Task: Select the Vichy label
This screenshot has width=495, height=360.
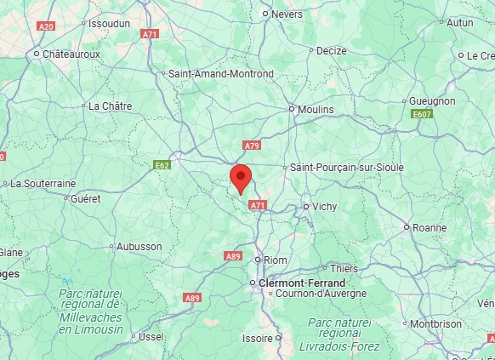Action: tap(324, 207)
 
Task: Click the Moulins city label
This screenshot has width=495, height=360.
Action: tap(316, 109)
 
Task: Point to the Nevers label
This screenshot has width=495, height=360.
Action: tap(287, 14)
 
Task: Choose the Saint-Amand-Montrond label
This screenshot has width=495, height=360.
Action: tap(221, 74)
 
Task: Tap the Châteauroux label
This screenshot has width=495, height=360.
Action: tap(72, 54)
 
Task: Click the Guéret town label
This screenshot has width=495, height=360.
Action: tap(86, 198)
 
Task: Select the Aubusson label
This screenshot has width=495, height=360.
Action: tap(139, 247)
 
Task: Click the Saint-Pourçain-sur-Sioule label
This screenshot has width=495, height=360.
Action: tap(347, 168)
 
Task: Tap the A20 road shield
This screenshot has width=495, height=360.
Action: tap(46, 26)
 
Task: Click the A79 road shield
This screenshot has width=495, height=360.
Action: tap(251, 146)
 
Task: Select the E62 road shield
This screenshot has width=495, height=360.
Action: tap(162, 164)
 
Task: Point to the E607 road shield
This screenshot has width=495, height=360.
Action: tap(421, 113)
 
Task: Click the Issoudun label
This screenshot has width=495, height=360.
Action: tap(110, 24)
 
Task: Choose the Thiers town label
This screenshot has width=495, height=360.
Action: tap(344, 269)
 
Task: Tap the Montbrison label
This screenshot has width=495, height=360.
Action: tap(435, 323)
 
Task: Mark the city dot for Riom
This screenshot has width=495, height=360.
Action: tap(258, 260)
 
